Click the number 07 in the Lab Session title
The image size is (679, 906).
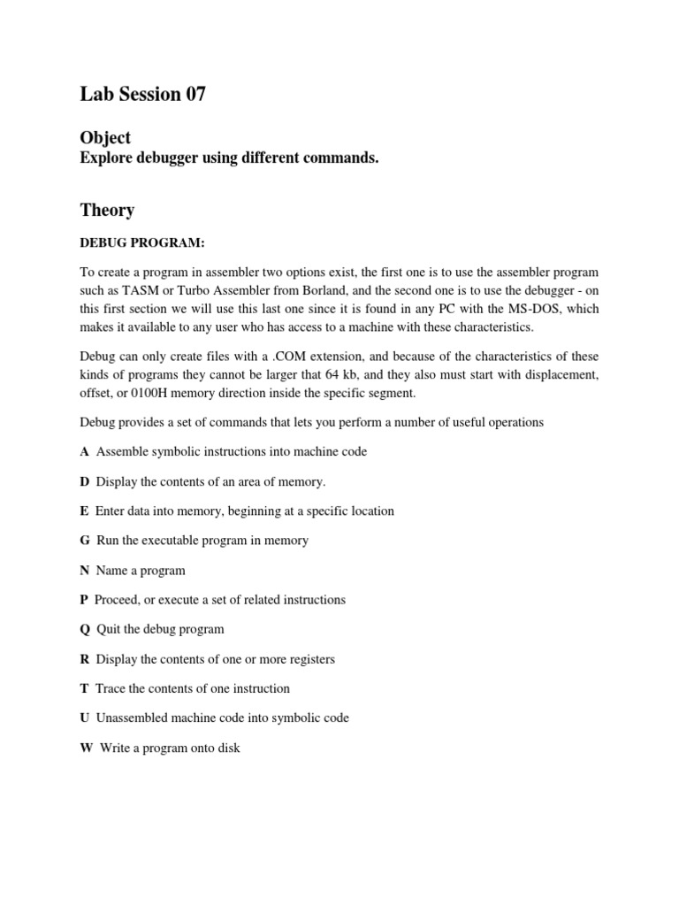tap(195, 95)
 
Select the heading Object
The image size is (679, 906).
tap(105, 138)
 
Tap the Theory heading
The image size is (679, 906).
tap(107, 211)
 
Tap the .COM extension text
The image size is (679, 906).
tap(303, 356)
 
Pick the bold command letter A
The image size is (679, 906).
tap(85, 452)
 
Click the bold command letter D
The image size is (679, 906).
tap(85, 482)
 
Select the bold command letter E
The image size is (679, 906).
tap(84, 511)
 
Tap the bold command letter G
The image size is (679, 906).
tap(85, 541)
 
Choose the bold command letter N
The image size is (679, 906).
tap(85, 571)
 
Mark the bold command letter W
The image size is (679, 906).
tap(86, 749)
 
